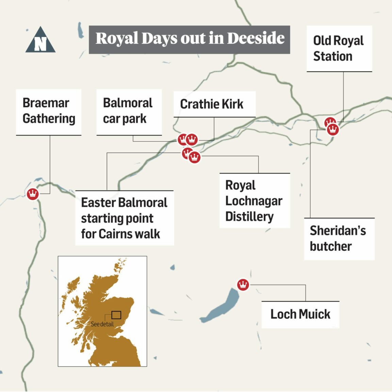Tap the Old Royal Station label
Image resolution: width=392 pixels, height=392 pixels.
coord(339,48)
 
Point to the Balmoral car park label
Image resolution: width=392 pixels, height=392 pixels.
coord(129,111)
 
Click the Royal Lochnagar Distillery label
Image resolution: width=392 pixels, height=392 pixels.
coord(254,200)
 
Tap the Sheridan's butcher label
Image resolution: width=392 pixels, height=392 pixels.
coord(339,239)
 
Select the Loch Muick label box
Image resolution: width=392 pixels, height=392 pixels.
coord(300,314)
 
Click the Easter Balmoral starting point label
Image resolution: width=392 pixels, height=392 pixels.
coord(124,218)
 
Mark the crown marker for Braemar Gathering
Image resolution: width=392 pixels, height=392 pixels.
coord(33,194)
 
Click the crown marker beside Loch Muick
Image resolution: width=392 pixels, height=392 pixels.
coord(243,284)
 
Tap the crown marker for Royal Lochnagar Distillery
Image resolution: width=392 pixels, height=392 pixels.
coord(195,157)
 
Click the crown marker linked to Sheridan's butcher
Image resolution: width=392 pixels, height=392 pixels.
coord(333,129)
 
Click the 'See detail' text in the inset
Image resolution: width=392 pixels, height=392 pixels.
coord(102,324)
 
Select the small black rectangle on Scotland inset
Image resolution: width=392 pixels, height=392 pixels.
coord(116,315)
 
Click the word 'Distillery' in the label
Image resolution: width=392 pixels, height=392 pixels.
coord(249,216)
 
